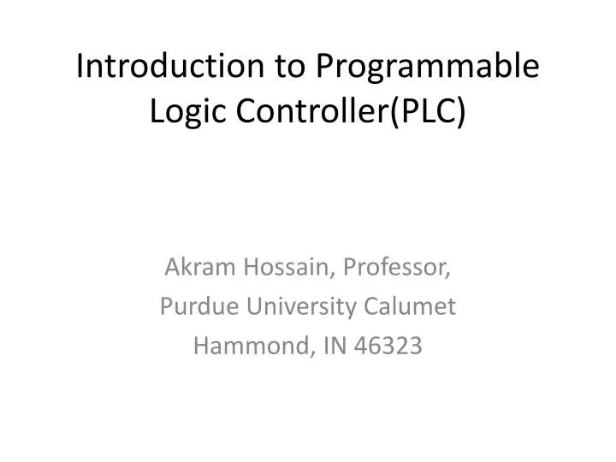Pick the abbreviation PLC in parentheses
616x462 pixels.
pos(428,111)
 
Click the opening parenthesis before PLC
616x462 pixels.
pos(395,112)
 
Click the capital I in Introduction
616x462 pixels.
pos(81,68)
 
